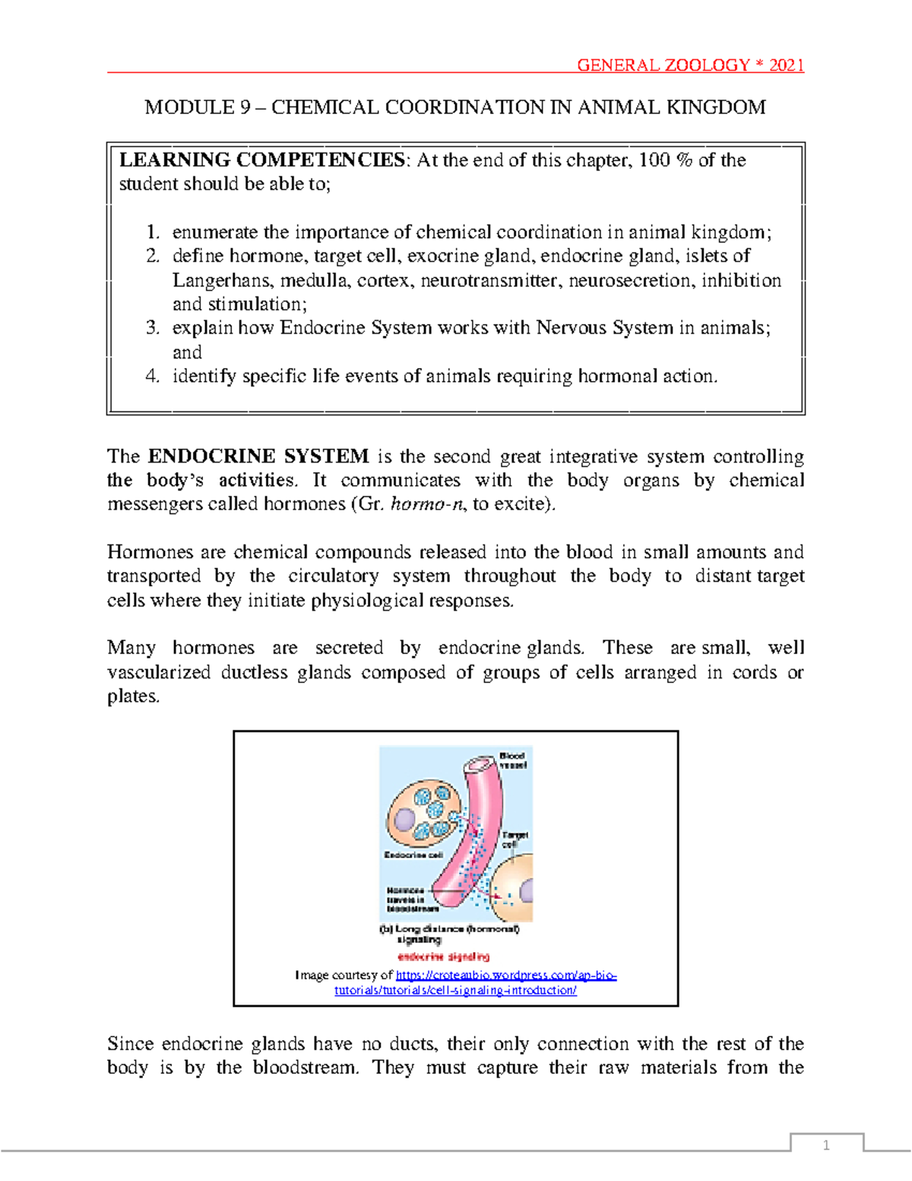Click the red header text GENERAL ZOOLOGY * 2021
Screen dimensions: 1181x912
[690, 65]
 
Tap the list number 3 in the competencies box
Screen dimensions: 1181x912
[153, 328]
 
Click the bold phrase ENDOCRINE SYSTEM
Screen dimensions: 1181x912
[258, 456]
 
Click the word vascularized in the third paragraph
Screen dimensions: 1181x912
[159, 672]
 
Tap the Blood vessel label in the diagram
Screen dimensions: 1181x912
[512, 760]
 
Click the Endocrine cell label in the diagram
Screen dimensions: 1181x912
[413, 856]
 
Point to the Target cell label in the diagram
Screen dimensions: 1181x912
[515, 840]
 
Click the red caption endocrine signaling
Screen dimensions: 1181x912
[443, 957]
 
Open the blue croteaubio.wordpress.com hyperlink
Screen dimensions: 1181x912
[505, 976]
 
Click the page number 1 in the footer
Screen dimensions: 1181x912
[826, 1145]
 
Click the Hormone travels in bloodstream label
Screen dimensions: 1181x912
[411, 900]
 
